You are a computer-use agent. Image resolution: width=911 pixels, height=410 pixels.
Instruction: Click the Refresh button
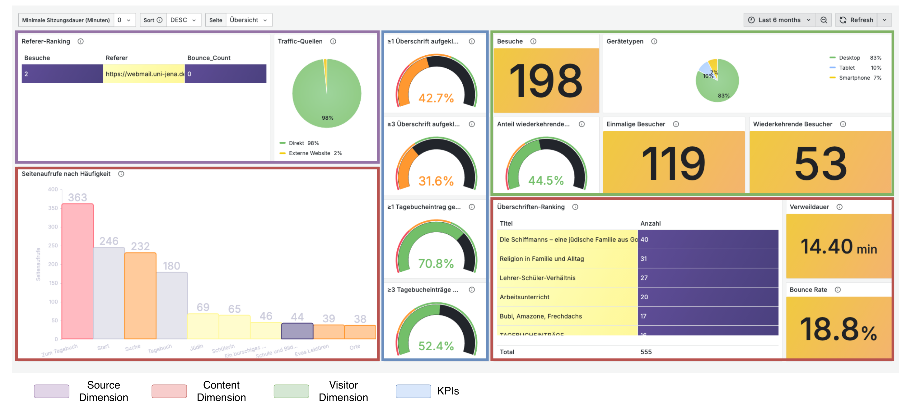pyautogui.click(x=856, y=20)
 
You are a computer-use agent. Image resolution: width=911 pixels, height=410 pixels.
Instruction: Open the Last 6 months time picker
pyautogui.click(x=779, y=20)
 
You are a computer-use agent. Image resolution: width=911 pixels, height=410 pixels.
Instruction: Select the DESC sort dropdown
pyautogui.click(x=183, y=20)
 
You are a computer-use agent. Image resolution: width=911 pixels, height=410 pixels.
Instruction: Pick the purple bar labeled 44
pyautogui.click(x=297, y=331)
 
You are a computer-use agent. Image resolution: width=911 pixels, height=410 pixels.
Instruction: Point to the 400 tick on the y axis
pyautogui.click(x=53, y=189)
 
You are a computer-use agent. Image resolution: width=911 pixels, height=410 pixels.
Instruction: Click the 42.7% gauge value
pyautogui.click(x=436, y=98)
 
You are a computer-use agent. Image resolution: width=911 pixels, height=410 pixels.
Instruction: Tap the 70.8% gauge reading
pyautogui.click(x=436, y=263)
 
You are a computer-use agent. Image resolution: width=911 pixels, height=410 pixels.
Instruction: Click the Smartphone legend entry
pyautogui.click(x=854, y=78)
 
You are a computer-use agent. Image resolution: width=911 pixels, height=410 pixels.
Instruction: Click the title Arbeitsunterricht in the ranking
pyautogui.click(x=524, y=297)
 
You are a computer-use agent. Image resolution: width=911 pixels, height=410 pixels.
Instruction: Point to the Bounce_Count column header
pyautogui.click(x=209, y=58)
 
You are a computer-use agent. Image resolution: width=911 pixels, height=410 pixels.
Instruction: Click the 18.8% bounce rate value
pyautogui.click(x=838, y=329)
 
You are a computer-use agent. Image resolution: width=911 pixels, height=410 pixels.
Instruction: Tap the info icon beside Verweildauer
pyautogui.click(x=839, y=207)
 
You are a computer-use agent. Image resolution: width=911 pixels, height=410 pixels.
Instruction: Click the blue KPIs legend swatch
pyautogui.click(x=413, y=391)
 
